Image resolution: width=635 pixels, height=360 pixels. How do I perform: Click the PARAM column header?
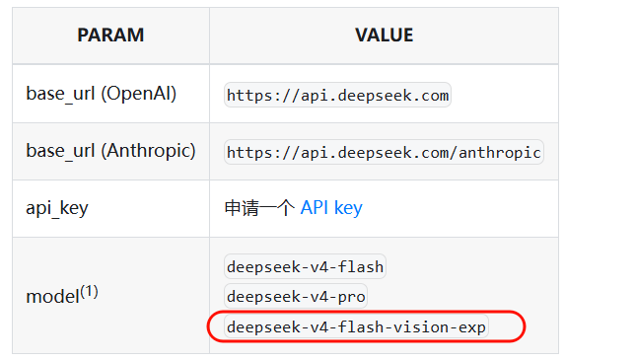pos(110,35)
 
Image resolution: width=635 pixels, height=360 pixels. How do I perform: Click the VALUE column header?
pos(384,35)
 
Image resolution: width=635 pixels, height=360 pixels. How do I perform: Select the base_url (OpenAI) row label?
pos(102,94)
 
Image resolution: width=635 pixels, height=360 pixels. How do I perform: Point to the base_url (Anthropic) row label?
pos(110,151)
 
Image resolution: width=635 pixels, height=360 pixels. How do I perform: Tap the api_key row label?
pos(57,208)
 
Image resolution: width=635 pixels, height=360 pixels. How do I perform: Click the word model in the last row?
pos(52,297)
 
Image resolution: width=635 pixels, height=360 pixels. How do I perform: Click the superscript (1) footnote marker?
pos(89,292)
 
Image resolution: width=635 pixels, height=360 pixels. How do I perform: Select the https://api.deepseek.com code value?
pos(337,95)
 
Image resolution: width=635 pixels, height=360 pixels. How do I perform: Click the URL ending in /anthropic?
pos(384,152)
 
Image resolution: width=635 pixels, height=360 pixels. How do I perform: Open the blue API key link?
pos(331,208)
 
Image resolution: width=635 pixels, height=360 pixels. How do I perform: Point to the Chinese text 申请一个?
pos(259,208)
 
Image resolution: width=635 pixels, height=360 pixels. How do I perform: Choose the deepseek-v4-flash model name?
pos(305,266)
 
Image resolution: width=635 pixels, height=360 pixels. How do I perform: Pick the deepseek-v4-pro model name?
pos(296,297)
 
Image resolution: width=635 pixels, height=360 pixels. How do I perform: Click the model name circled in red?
pos(356,326)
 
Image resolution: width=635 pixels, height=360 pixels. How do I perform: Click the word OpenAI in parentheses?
pos(138,94)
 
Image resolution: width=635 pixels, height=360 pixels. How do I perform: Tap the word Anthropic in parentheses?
pos(148,151)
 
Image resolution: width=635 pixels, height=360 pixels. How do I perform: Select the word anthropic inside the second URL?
pos(500,153)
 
